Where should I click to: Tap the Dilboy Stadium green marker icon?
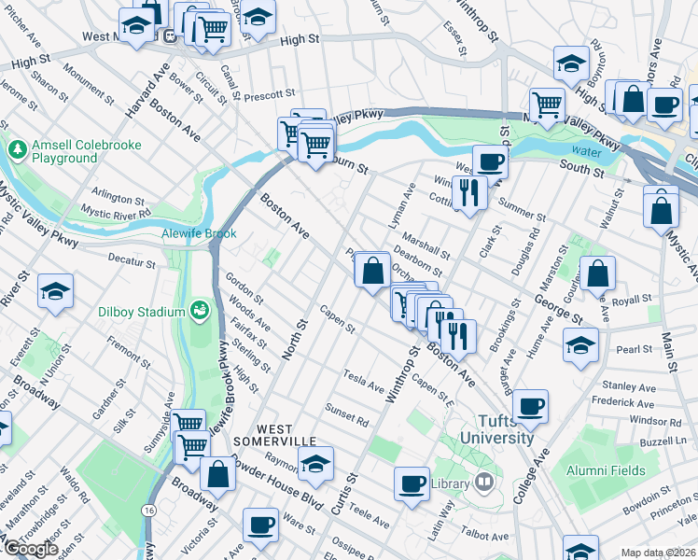(198, 310)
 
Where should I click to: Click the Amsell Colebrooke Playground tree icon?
(17, 149)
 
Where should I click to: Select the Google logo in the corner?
(30, 549)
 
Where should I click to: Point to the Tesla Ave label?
(364, 380)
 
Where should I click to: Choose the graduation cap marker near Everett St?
(55, 291)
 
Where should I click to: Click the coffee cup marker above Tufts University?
(530, 406)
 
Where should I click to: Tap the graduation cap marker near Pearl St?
(580, 346)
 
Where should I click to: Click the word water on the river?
(586, 151)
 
